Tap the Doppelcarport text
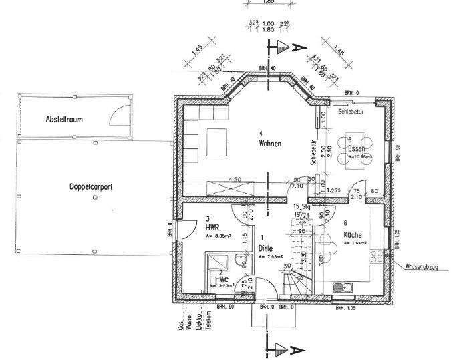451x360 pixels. click(90, 188)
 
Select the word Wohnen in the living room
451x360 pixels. click(271, 144)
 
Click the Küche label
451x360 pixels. click(353, 235)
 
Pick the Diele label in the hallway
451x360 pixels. click(266, 248)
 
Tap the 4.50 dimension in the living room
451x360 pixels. click(235, 180)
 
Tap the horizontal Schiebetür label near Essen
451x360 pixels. click(351, 112)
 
